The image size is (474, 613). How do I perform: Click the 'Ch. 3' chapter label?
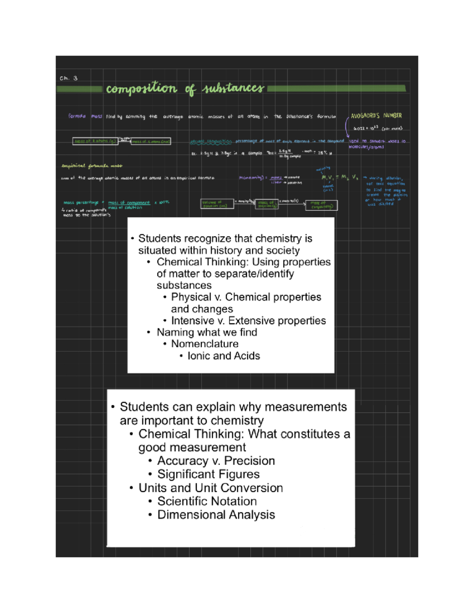(69, 78)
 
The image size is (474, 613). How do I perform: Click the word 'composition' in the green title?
(141, 88)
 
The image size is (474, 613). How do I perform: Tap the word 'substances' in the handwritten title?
(233, 88)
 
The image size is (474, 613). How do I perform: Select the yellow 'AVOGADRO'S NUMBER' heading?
(376, 116)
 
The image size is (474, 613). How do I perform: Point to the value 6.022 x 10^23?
(366, 128)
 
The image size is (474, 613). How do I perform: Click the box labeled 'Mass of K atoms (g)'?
(95, 141)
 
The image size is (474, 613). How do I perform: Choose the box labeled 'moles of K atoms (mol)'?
(151, 141)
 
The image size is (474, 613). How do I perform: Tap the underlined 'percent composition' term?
(211, 141)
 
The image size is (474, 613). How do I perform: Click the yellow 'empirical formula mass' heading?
(92, 166)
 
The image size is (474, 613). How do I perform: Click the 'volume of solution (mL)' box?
(217, 204)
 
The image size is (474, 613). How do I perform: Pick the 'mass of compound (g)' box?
(321, 205)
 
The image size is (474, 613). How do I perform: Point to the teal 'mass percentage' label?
(81, 202)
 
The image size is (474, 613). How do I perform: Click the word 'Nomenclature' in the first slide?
(205, 344)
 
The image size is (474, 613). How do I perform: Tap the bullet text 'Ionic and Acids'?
(224, 356)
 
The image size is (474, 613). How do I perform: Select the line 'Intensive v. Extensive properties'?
(248, 321)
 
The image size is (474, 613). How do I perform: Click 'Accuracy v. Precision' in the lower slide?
(216, 461)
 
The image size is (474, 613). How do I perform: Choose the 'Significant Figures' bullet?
(209, 474)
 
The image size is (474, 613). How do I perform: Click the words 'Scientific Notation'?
(207, 501)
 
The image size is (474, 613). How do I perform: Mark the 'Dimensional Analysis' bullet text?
(216, 515)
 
